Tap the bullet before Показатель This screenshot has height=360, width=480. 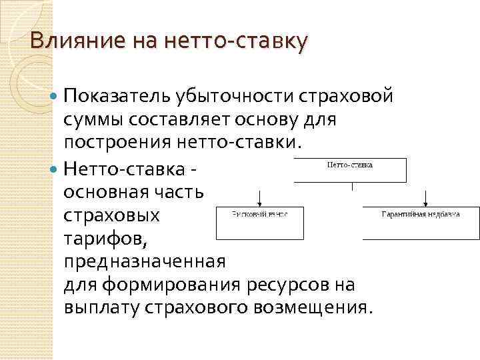point(55,97)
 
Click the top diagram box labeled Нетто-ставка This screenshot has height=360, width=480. point(350,170)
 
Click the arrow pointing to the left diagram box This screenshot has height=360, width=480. point(259,197)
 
